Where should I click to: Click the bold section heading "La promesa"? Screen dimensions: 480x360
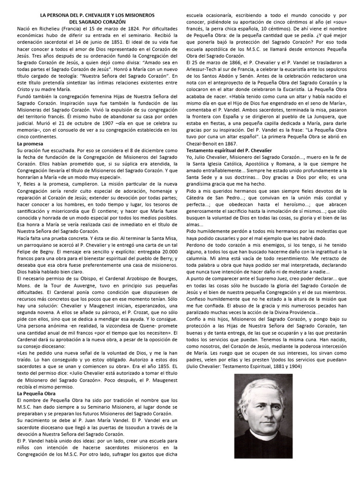(x=30, y=143)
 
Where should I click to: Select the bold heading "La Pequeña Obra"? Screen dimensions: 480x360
(x=37, y=394)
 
